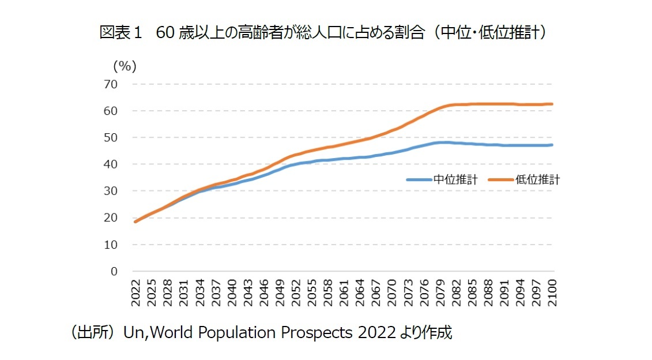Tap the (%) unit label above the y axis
click(x=125, y=66)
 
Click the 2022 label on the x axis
click(x=136, y=294)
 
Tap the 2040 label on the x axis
click(x=232, y=294)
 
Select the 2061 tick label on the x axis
click(x=345, y=294)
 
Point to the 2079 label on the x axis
click(x=441, y=294)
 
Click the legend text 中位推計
click(x=455, y=179)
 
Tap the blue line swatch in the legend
click(x=419, y=179)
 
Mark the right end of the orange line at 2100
click(x=552, y=104)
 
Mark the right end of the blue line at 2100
click(x=552, y=145)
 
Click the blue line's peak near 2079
click(x=443, y=142)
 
